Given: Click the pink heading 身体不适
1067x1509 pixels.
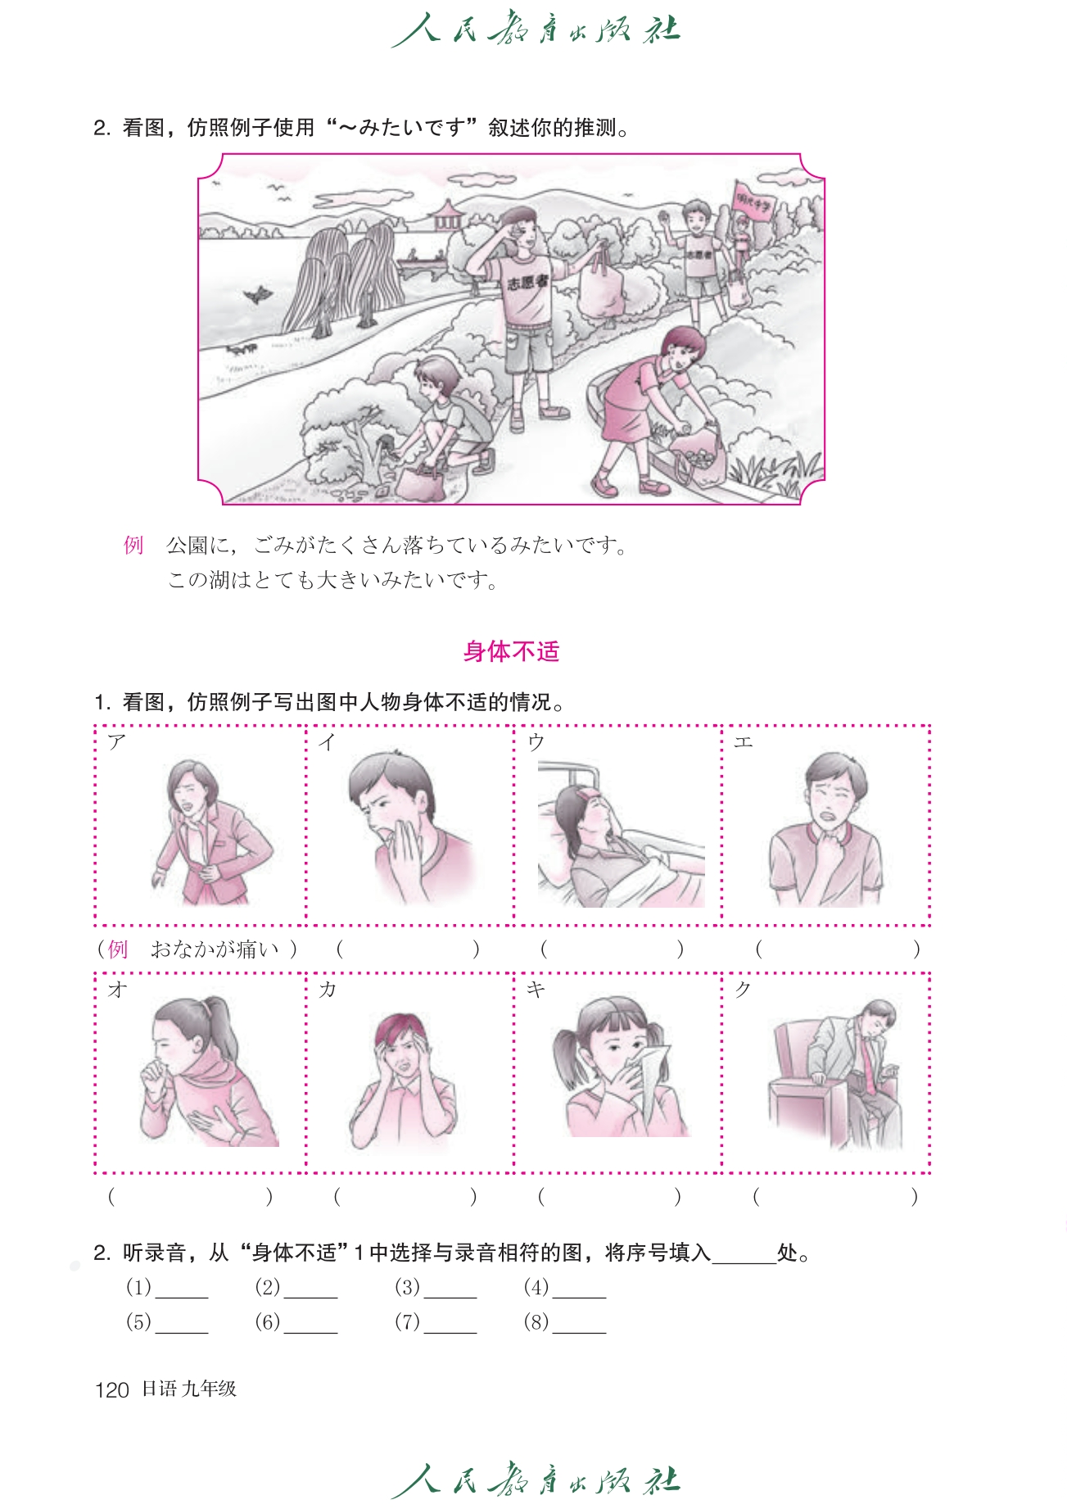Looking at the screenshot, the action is [x=511, y=651].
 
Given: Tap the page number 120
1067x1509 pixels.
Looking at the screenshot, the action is [x=112, y=1389].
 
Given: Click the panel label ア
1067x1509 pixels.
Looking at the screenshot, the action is [x=117, y=742].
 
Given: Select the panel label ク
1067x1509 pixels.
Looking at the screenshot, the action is [x=743, y=990].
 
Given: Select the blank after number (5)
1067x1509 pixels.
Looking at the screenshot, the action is [x=182, y=1324].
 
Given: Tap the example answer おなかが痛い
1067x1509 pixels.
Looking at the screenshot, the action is [x=215, y=949].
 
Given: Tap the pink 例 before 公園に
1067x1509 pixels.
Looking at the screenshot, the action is [x=133, y=545].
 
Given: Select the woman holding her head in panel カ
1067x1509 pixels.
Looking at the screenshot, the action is [x=403, y=1078].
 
